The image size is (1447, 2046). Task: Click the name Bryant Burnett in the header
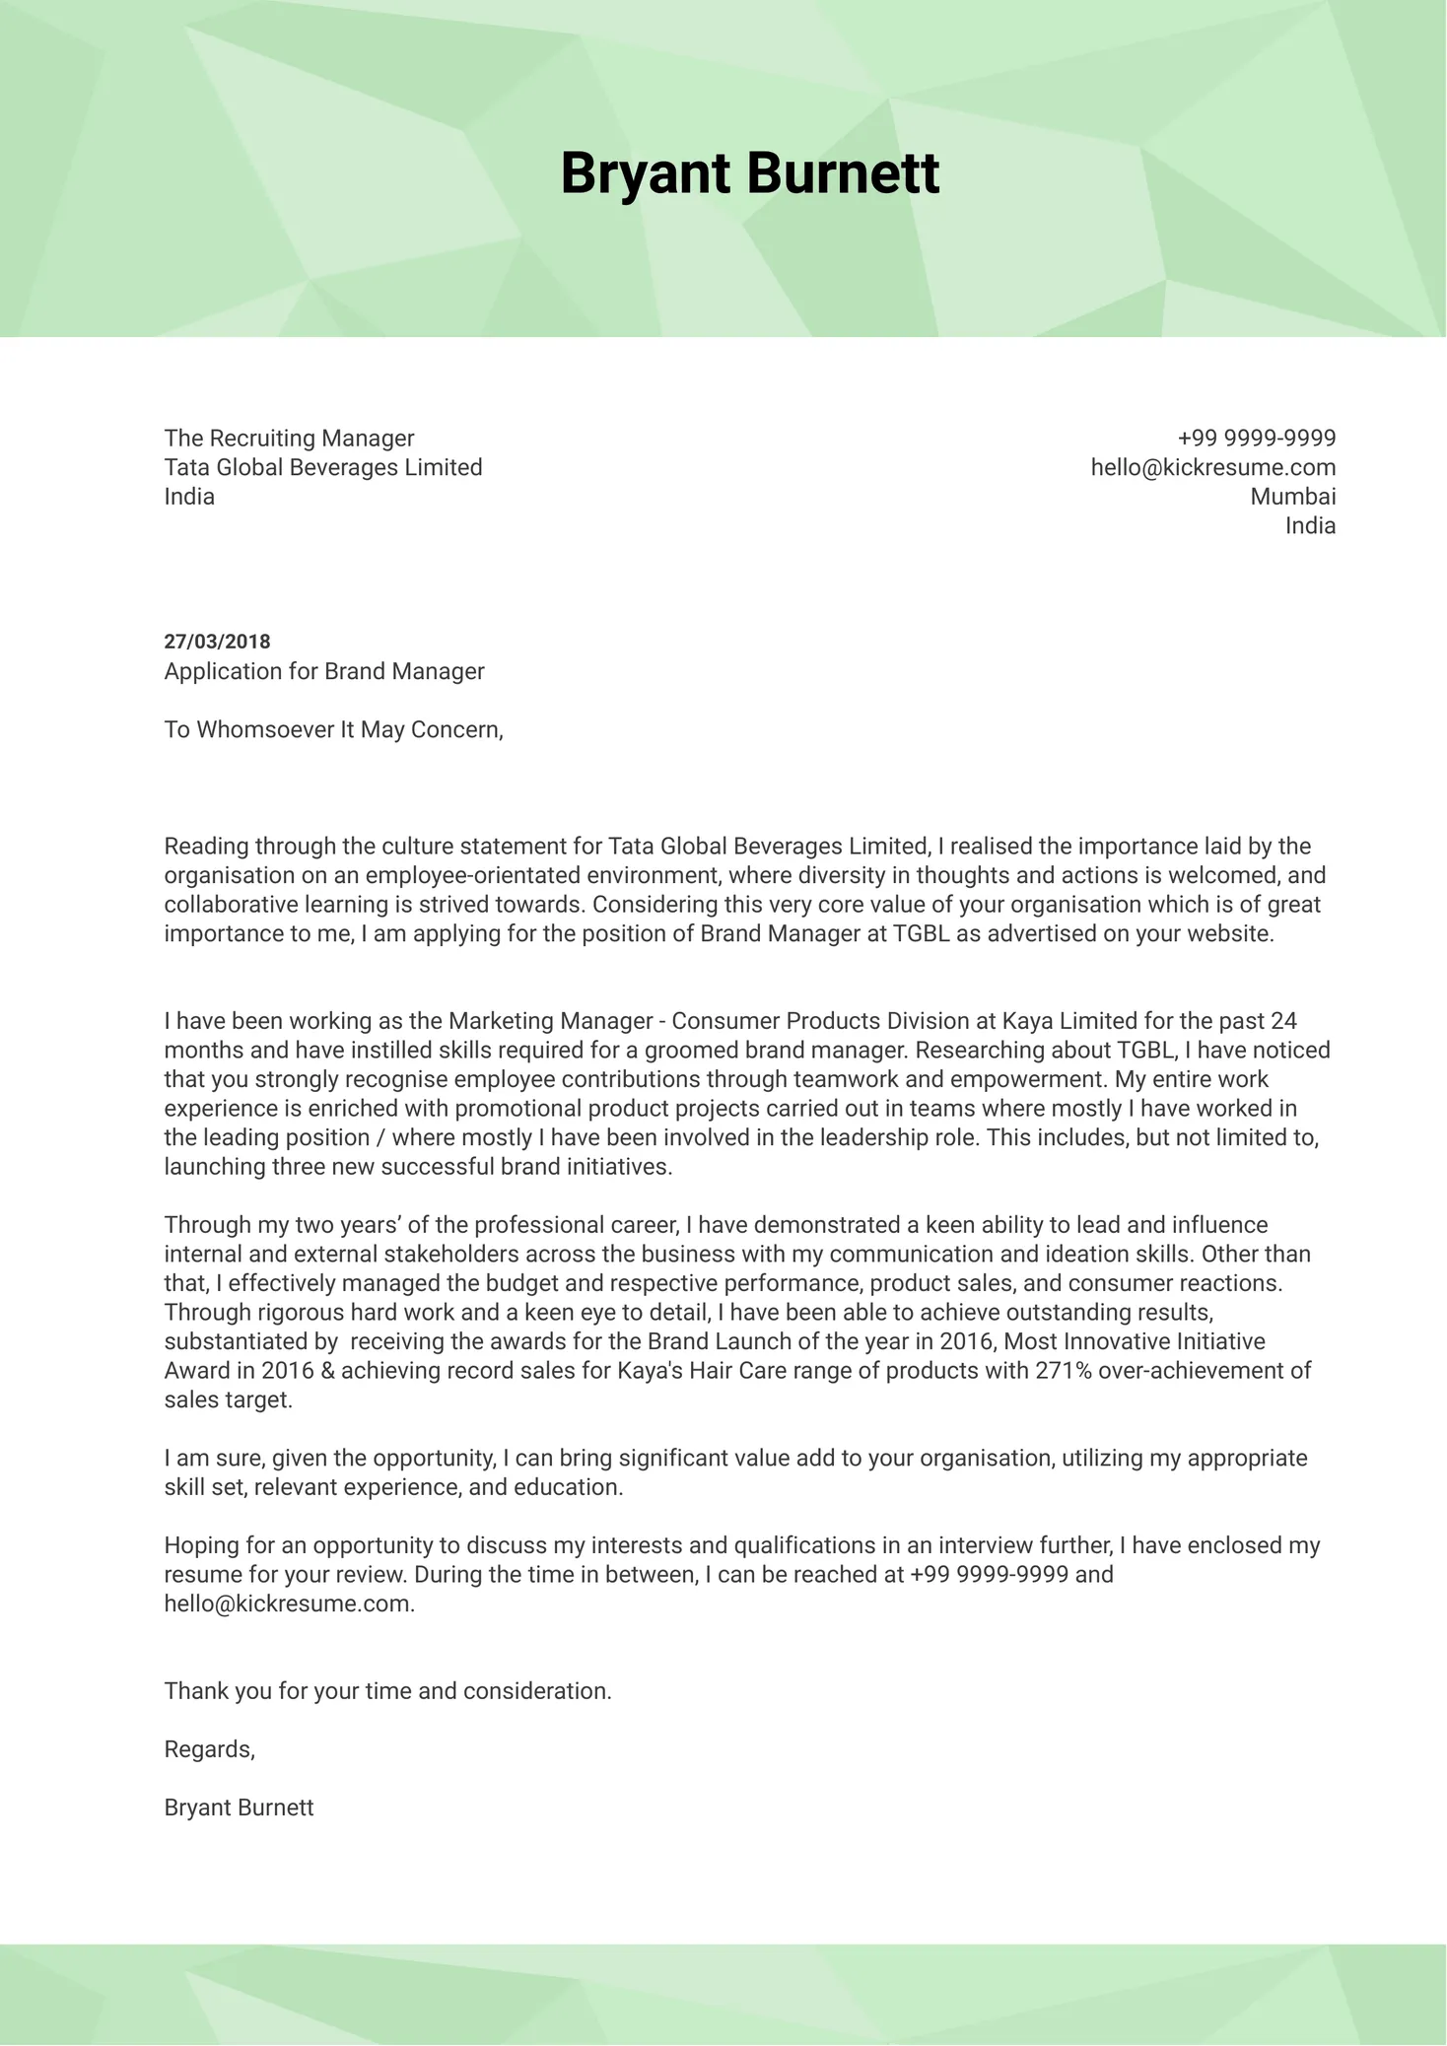(749, 173)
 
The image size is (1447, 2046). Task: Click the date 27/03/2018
(217, 642)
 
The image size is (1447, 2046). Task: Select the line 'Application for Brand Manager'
(324, 671)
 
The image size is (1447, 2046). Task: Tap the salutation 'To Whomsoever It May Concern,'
(333, 729)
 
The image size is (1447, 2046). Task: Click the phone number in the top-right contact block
(1256, 438)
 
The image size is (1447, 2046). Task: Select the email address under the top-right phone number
(1212, 467)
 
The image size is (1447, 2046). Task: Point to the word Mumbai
(1292, 496)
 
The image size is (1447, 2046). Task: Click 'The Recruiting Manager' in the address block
(289, 438)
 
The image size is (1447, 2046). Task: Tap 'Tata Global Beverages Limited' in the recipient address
(323, 467)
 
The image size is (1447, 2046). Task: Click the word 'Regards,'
(210, 1748)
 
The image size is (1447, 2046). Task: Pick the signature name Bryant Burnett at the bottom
(239, 1807)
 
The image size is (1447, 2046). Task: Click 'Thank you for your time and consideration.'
(387, 1690)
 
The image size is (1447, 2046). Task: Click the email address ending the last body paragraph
(289, 1603)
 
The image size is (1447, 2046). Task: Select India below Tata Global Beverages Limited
(189, 496)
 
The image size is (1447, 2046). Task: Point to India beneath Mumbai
(1310, 525)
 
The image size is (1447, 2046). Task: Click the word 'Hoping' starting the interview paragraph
(198, 1544)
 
